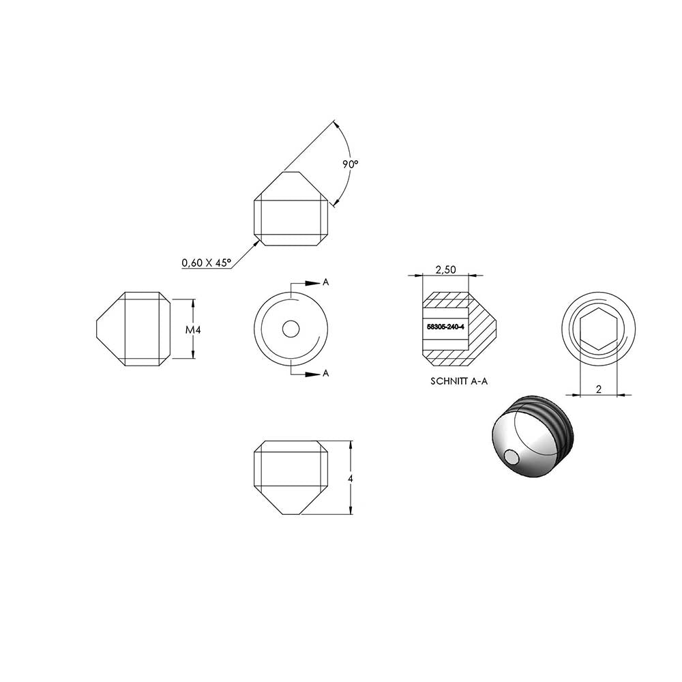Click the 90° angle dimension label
(350, 164)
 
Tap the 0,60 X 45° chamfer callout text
(206, 263)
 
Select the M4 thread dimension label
(193, 330)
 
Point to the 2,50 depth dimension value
(446, 269)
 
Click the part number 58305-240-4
(445, 327)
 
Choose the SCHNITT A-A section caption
(459, 381)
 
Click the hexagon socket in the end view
(599, 329)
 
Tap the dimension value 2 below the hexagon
(599, 389)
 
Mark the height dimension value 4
(351, 479)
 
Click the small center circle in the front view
(291, 329)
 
